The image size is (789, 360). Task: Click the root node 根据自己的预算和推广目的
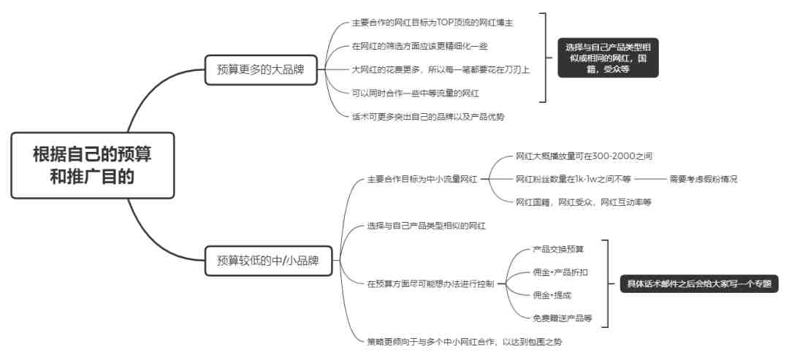tap(93, 165)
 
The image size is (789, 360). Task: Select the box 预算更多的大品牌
tap(261, 70)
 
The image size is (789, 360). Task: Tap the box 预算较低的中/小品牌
tap(268, 261)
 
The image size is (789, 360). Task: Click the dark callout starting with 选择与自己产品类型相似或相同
tap(608, 58)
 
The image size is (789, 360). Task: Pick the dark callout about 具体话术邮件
tap(698, 283)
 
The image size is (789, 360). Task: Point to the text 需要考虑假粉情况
tap(703, 179)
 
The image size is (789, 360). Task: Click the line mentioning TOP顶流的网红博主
tap(432, 23)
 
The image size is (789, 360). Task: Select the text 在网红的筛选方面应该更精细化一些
tap(419, 46)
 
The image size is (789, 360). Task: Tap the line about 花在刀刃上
tap(441, 69)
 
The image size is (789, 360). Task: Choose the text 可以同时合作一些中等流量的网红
tap(415, 93)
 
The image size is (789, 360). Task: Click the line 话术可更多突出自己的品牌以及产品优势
tap(428, 117)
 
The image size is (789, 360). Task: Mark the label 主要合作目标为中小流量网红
tap(423, 179)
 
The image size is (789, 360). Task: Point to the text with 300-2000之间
tap(584, 156)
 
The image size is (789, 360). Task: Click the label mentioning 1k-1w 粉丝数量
tap(573, 179)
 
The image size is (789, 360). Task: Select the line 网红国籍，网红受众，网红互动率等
tap(584, 202)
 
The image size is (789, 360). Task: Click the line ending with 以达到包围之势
tap(465, 342)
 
